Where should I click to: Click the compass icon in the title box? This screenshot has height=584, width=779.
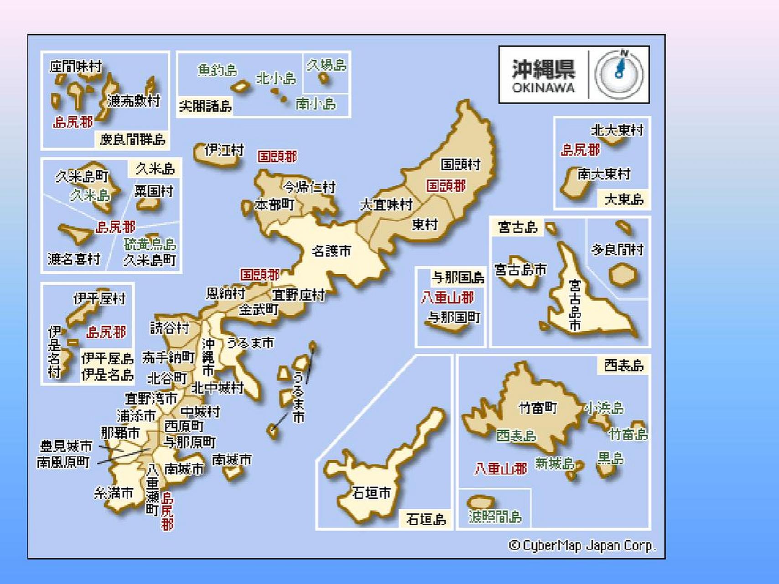click(619, 74)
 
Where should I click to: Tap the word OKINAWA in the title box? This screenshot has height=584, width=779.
click(543, 88)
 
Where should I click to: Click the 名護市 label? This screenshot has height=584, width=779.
click(332, 251)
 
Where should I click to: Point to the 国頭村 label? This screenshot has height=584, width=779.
click(460, 164)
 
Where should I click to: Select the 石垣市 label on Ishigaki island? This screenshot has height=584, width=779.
click(371, 493)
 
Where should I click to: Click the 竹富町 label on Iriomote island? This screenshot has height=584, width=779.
click(538, 407)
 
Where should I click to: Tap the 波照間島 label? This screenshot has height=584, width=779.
click(495, 516)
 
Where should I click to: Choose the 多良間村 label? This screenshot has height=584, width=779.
click(618, 250)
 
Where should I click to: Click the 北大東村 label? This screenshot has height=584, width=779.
click(617, 130)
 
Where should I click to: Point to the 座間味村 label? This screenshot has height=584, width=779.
click(76, 67)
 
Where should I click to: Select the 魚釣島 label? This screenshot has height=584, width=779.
click(217, 70)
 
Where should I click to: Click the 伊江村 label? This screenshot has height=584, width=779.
click(224, 150)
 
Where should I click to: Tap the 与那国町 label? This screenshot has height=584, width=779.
click(454, 317)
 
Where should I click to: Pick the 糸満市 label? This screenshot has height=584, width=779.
click(114, 493)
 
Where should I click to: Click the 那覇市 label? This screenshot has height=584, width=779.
click(120, 433)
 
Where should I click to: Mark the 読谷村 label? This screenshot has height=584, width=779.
click(169, 328)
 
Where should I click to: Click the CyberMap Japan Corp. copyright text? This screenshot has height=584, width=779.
click(582, 546)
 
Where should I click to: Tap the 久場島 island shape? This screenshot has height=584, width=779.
click(324, 78)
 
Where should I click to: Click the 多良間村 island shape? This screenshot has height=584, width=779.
click(623, 276)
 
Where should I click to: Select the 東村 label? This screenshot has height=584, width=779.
click(425, 224)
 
